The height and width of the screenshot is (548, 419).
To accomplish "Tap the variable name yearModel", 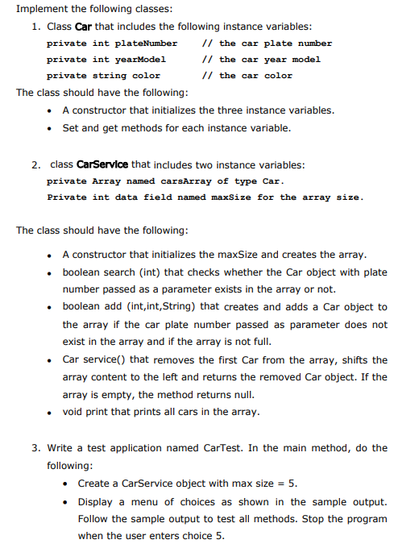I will [x=141, y=60].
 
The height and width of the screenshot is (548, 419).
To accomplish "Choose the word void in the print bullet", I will [x=75, y=412].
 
